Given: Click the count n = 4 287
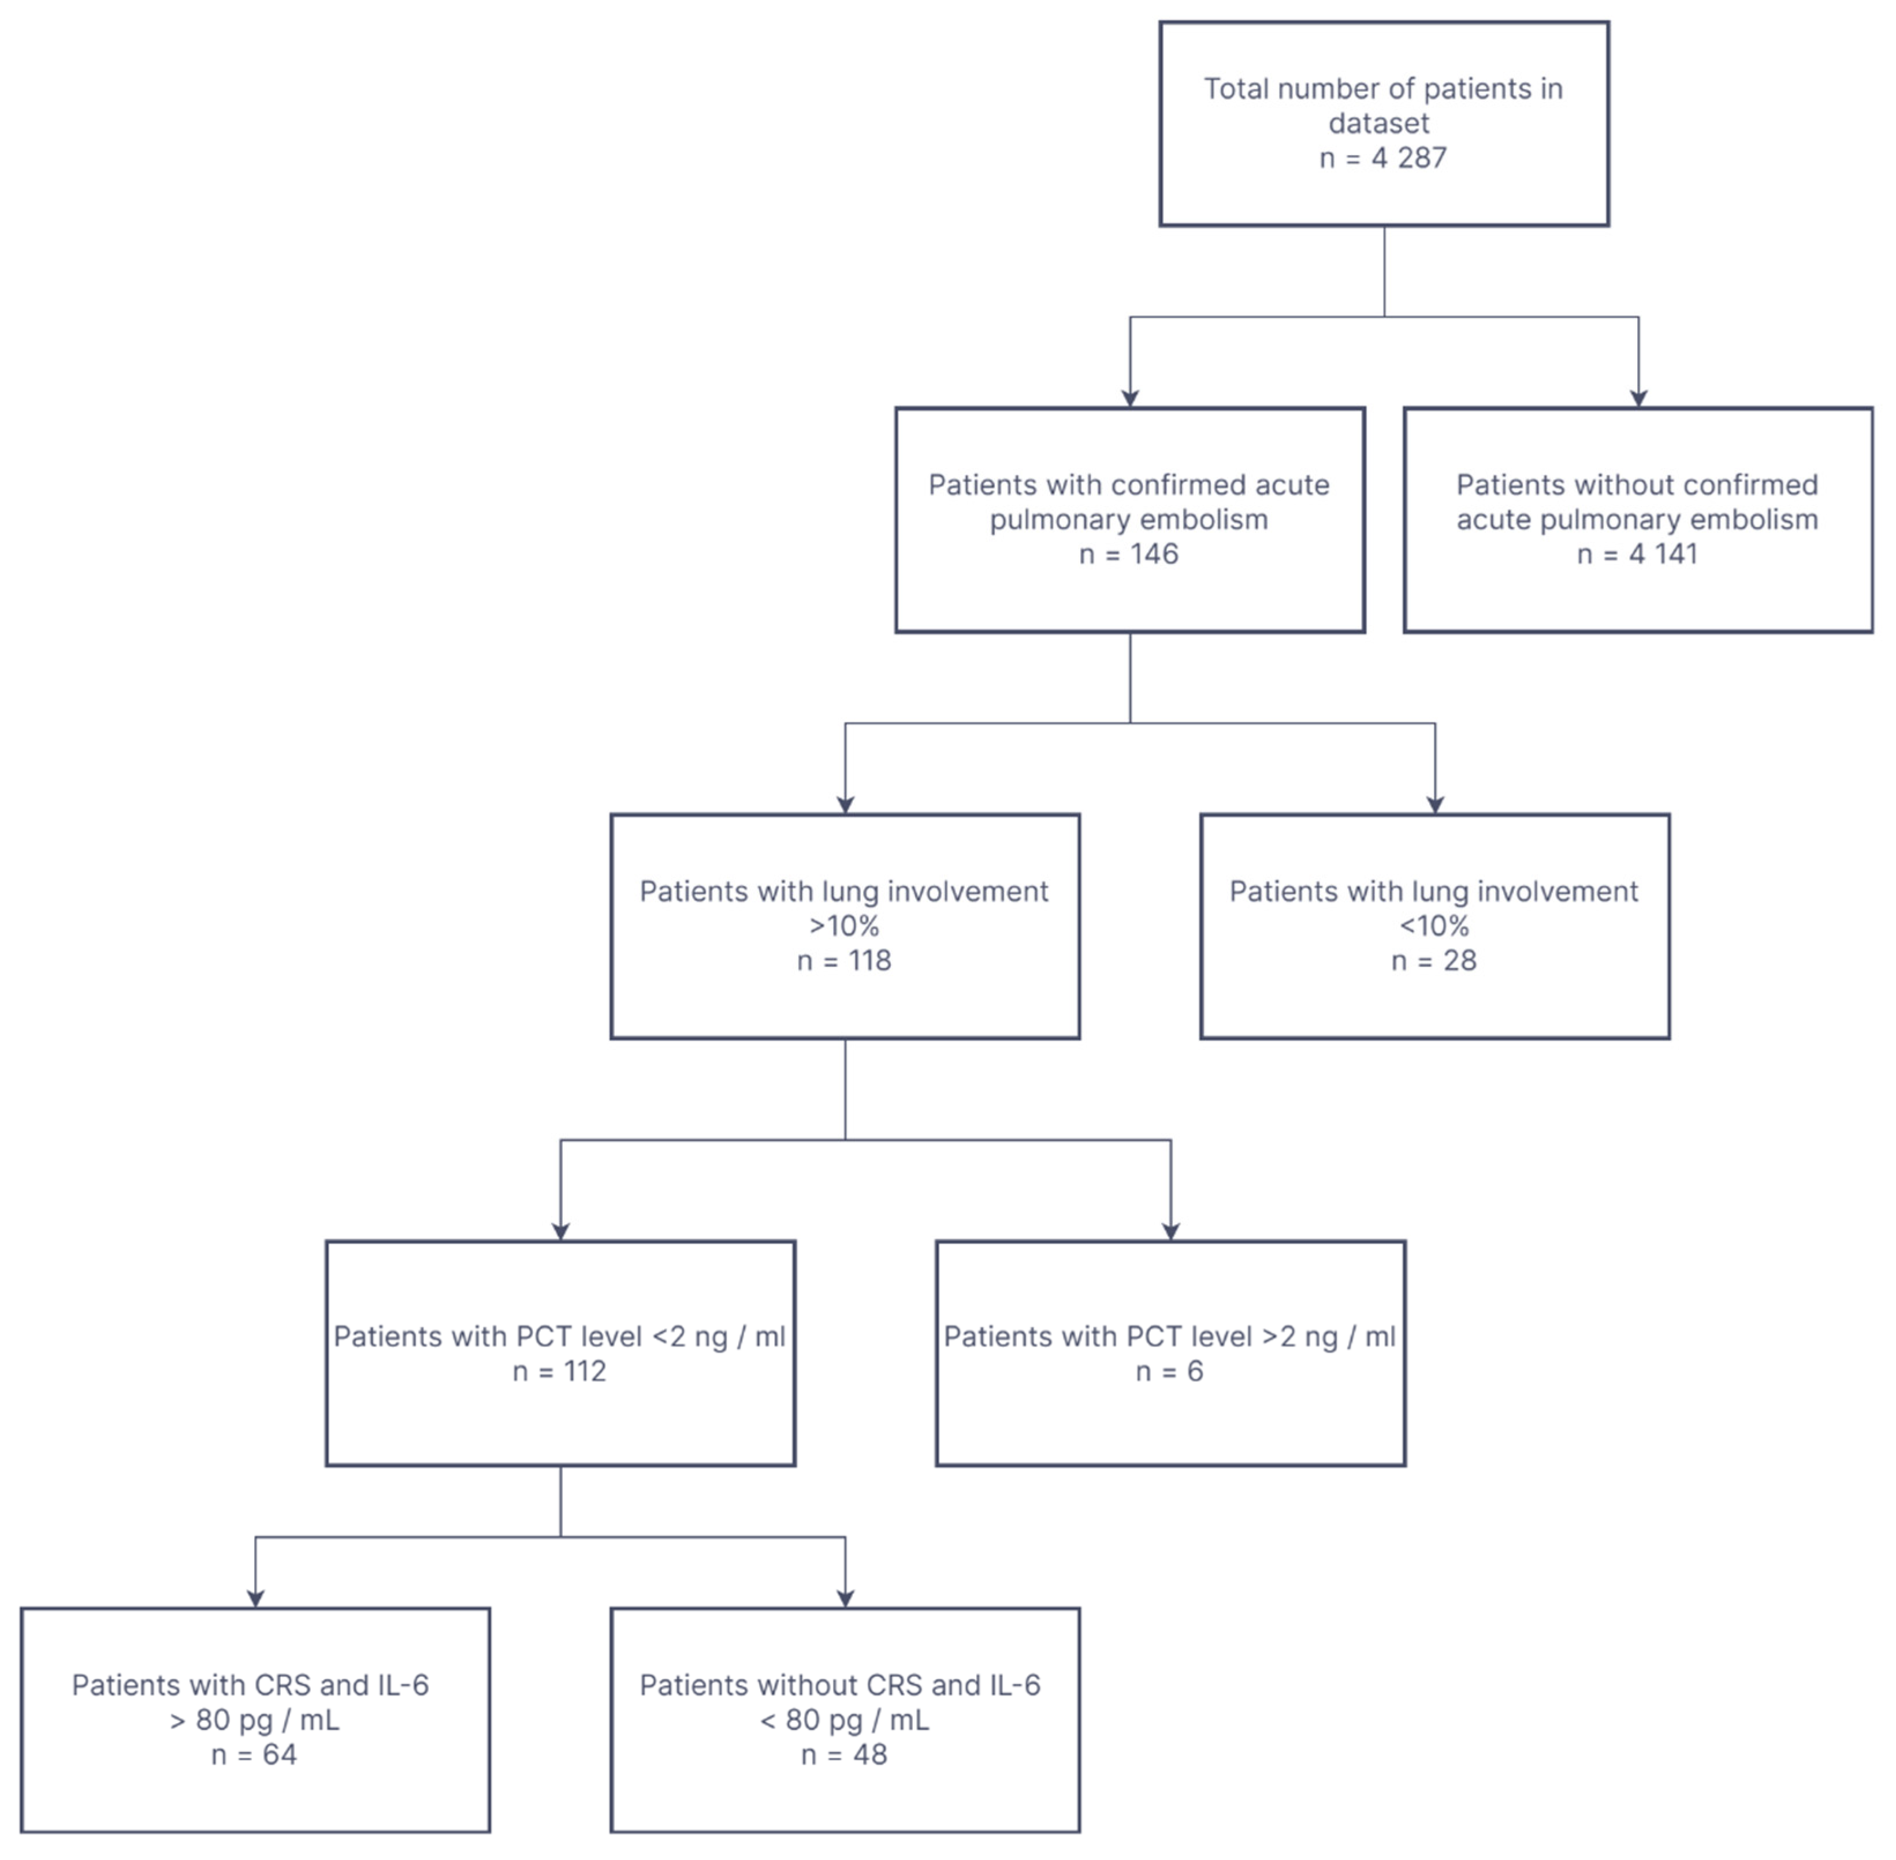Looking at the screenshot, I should pyautogui.click(x=1383, y=158).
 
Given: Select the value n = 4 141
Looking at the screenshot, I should pyautogui.click(x=1637, y=555).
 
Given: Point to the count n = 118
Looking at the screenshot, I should pyautogui.click(x=845, y=961).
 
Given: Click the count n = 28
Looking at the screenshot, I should pyautogui.click(x=1434, y=961).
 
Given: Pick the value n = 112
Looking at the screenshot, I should pyautogui.click(x=559, y=1371).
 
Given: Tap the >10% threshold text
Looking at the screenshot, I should pyautogui.click(x=845, y=926).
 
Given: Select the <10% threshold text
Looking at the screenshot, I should pyautogui.click(x=1434, y=926).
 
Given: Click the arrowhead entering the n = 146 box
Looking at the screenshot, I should pyautogui.click(x=1130, y=398).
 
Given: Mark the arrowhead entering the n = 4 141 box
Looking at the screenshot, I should pyautogui.click(x=1638, y=398).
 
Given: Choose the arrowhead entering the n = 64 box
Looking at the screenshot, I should pyautogui.click(x=255, y=1598).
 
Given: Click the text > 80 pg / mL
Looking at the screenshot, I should pyautogui.click(x=254, y=1720).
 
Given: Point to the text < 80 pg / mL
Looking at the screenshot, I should pyautogui.click(x=845, y=1720).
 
